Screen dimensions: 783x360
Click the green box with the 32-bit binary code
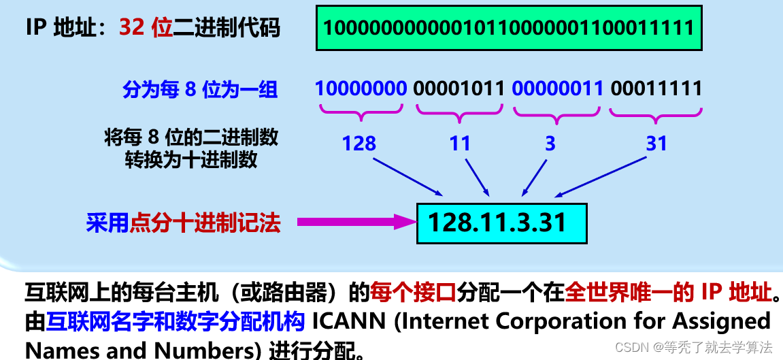[x=508, y=28]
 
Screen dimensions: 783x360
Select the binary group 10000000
[x=361, y=88]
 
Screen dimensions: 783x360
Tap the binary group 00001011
[x=459, y=88]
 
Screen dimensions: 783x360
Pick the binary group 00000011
[x=558, y=88]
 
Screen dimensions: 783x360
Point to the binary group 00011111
[x=656, y=88]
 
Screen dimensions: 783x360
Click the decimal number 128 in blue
[x=359, y=144]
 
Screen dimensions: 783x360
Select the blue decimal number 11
[x=460, y=144]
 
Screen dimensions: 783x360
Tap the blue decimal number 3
[x=550, y=144]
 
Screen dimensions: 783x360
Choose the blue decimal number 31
[x=656, y=144]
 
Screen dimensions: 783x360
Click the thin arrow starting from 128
[x=408, y=177]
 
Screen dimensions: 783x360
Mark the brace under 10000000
[x=361, y=112]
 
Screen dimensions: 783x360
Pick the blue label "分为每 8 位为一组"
[x=200, y=90]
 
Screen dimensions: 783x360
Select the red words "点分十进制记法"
[x=205, y=223]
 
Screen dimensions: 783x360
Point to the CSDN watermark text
[x=694, y=347]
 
